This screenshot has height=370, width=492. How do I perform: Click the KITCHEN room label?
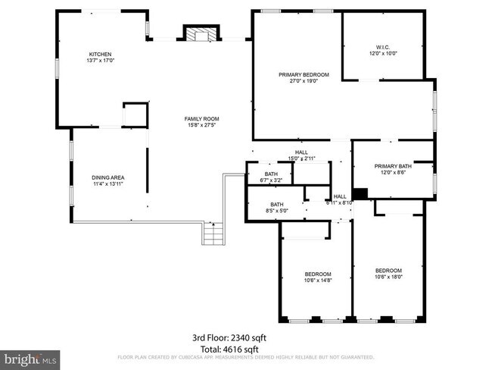pyautogui.click(x=100, y=54)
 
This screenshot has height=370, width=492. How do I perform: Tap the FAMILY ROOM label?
pyautogui.click(x=202, y=118)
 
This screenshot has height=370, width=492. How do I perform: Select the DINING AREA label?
pyautogui.click(x=107, y=177)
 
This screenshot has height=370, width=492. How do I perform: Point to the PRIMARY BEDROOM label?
pyautogui.click(x=304, y=74)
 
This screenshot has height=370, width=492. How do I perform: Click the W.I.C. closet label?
pyautogui.click(x=383, y=46)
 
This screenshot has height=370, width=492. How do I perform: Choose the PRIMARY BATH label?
pyautogui.click(x=392, y=166)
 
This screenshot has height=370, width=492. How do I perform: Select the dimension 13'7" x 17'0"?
pyautogui.click(x=100, y=61)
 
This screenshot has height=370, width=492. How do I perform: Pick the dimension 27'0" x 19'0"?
pyautogui.click(x=304, y=81)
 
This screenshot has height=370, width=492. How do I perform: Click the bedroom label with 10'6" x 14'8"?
pyautogui.click(x=318, y=274)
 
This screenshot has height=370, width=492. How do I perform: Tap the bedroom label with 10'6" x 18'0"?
pyautogui.click(x=388, y=270)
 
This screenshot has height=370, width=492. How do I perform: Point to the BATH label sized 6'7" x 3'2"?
pyautogui.click(x=271, y=174)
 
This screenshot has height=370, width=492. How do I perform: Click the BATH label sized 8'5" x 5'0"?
pyautogui.click(x=277, y=204)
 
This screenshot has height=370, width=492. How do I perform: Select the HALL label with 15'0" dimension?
pyautogui.click(x=301, y=152)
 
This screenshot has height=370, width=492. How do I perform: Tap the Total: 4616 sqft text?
pyautogui.click(x=226, y=349)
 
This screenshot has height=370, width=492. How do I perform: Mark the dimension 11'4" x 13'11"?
pyautogui.click(x=107, y=183)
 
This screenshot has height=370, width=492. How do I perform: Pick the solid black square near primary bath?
pyautogui.click(x=360, y=193)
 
